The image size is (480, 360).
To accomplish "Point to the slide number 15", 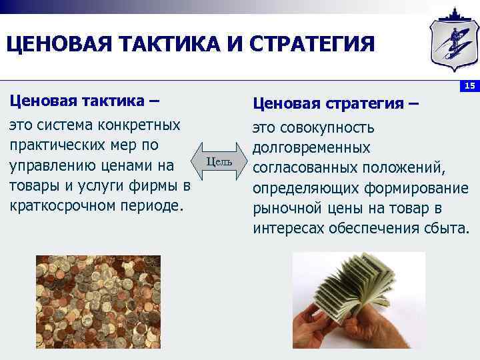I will click(469, 85).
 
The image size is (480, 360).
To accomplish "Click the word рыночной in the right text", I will click(287, 207).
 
